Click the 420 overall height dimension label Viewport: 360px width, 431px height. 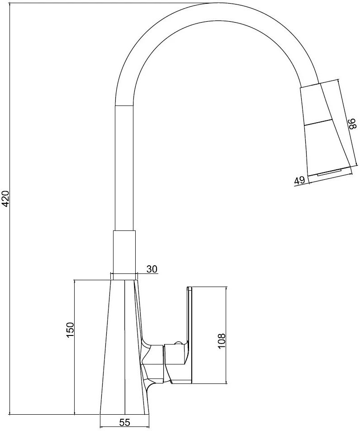click(x=6, y=198)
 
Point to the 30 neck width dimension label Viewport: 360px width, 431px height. click(x=152, y=269)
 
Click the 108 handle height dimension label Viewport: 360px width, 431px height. click(x=221, y=341)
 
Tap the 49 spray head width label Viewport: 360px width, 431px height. click(x=299, y=181)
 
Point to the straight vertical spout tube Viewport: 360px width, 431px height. click(x=125, y=168)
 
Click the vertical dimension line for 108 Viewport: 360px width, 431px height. click(x=226, y=335)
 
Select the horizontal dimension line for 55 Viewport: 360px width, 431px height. click(x=125, y=427)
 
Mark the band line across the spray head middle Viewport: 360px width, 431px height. click(x=317, y=123)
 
